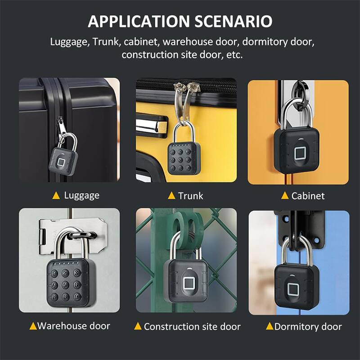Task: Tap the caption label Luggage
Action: click(81, 195)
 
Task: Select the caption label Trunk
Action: click(190, 196)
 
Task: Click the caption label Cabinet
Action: click(308, 196)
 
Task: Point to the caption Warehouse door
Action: click(74, 326)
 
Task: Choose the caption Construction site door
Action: click(192, 327)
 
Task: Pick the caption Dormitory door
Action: click(308, 327)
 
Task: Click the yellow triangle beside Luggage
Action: click(56, 195)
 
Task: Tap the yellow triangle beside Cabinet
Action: click(284, 196)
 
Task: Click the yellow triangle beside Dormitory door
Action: click(270, 326)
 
